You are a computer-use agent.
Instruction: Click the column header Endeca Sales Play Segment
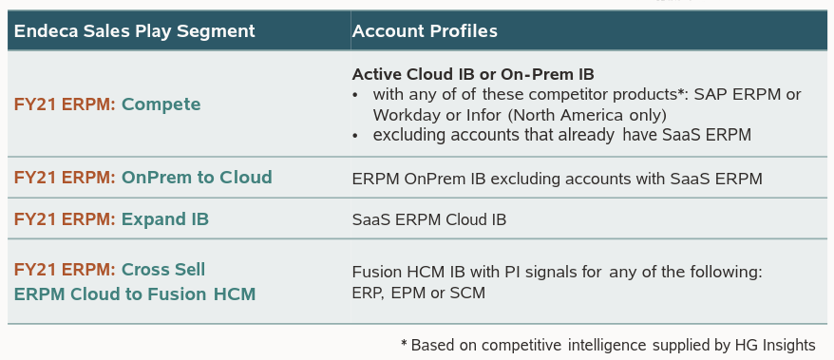[x=135, y=30]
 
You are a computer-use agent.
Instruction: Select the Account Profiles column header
[x=425, y=30]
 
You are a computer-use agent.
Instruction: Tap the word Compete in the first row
[x=161, y=104]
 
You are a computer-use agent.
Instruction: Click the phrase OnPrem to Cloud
[x=197, y=177]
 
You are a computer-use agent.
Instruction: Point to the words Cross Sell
[x=163, y=270]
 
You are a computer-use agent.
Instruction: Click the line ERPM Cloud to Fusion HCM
[x=135, y=294]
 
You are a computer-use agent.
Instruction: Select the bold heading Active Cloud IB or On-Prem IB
[x=473, y=74]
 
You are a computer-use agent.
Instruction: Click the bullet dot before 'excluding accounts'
[x=355, y=136]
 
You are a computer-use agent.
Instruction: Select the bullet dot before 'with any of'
[x=355, y=96]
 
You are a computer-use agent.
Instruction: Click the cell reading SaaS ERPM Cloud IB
[x=429, y=219]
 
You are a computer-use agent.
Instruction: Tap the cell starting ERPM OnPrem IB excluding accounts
[x=557, y=179]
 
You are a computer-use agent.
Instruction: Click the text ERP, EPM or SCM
[x=419, y=293]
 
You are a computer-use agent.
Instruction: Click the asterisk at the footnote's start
[x=405, y=343]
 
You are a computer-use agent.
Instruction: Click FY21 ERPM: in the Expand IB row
[x=65, y=219]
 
